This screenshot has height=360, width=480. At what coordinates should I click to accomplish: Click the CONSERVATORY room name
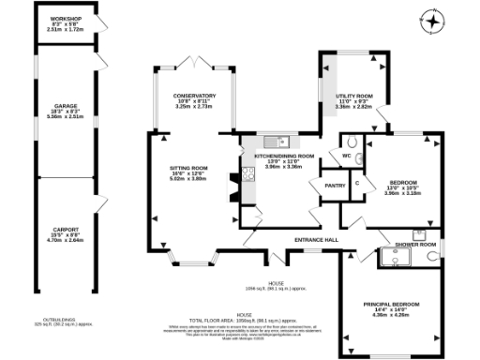click(x=194, y=96)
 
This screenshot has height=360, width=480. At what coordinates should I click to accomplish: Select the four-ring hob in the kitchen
click(x=247, y=172)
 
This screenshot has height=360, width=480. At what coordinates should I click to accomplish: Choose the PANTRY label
click(x=335, y=185)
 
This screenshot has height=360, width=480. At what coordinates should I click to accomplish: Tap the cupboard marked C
click(x=357, y=183)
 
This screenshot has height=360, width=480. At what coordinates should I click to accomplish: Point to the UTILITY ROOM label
click(x=353, y=96)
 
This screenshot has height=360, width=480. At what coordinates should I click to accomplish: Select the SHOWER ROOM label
click(x=415, y=244)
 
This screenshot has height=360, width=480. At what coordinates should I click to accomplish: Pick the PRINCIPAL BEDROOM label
click(x=392, y=304)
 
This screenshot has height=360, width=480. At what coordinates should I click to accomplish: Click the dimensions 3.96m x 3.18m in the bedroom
click(x=403, y=191)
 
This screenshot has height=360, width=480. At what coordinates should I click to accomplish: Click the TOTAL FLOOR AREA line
click(x=277, y=319)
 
